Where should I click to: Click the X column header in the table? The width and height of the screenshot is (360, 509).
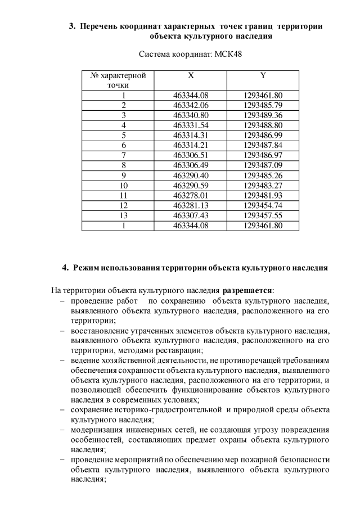(x=191, y=75)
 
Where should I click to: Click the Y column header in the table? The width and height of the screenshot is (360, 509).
(x=263, y=75)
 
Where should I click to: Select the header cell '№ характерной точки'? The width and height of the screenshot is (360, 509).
(x=118, y=80)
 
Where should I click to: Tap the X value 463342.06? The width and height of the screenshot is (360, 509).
(x=191, y=105)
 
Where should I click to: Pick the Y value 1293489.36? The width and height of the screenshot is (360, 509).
(x=263, y=115)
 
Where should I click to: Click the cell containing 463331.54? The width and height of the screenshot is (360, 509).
(x=191, y=125)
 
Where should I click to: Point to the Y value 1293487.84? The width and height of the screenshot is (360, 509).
(x=263, y=145)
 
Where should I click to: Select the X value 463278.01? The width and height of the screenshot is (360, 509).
(x=191, y=195)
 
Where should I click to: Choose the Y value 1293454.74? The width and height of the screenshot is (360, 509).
(x=263, y=205)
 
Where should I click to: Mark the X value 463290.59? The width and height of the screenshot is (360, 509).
(x=191, y=185)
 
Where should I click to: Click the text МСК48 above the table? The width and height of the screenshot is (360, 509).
(x=229, y=55)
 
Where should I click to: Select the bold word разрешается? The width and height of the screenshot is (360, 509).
(x=247, y=291)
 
